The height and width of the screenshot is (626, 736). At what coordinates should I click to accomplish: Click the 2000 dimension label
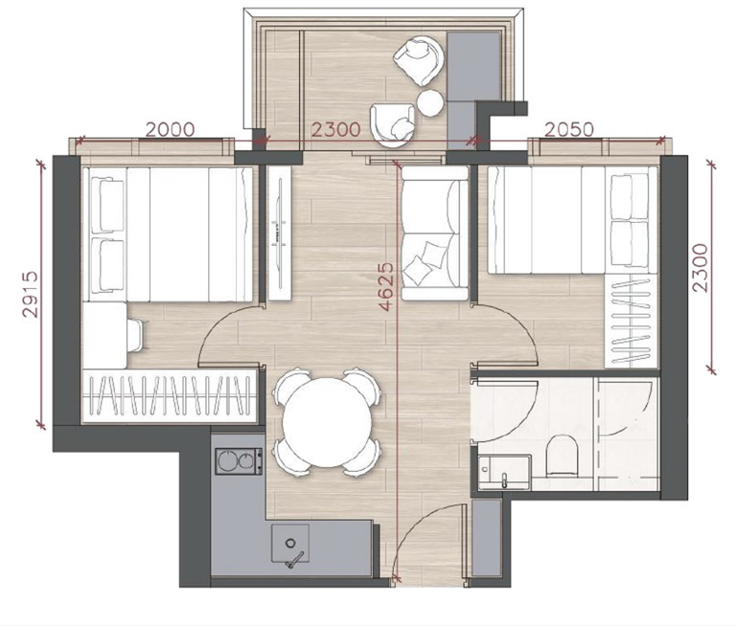pyautogui.click(x=170, y=129)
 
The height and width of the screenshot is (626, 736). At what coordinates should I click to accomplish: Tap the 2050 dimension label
pyautogui.click(x=569, y=129)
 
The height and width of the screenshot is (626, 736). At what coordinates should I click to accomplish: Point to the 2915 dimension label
pyautogui.click(x=31, y=295)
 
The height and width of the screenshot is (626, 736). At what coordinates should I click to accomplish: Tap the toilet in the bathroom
pyautogui.click(x=563, y=455)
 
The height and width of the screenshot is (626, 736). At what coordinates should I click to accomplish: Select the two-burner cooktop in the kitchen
pyautogui.click(x=239, y=461)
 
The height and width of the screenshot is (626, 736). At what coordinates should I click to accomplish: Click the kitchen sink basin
pyautogui.click(x=290, y=543)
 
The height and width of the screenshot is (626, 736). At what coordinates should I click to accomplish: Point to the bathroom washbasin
pyautogui.click(x=505, y=471)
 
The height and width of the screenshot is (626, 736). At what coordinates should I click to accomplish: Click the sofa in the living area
pyautogui.click(x=435, y=233)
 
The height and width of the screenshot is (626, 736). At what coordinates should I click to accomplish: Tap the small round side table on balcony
pyautogui.click(x=430, y=102)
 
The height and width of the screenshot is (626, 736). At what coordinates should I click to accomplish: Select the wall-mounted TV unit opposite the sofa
pyautogui.click(x=280, y=233)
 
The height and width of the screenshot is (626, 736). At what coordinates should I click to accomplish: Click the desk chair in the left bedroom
pyautogui.click(x=137, y=335)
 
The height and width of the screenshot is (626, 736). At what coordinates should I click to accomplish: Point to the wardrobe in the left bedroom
pyautogui.click(x=170, y=395)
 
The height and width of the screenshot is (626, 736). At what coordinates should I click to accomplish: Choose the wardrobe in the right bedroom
pyautogui.click(x=631, y=322)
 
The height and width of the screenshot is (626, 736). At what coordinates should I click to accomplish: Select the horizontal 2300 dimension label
pyautogui.click(x=336, y=129)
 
